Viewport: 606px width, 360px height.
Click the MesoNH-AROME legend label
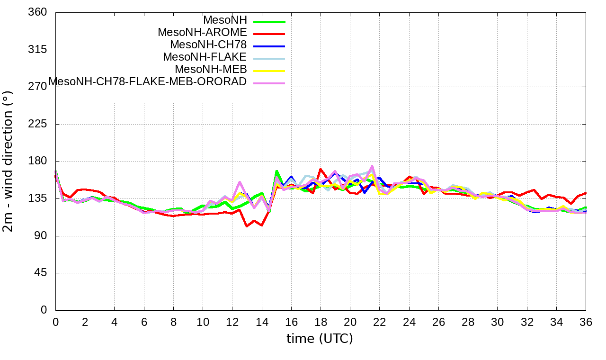pos(202,33)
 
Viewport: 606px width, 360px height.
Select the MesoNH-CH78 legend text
pos(208,45)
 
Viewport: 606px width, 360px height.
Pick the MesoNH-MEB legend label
pos(211,70)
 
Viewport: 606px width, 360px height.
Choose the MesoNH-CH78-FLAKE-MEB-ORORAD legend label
pos(148,81)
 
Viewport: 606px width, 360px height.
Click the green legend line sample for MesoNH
pos(269,21)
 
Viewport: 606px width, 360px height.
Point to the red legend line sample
pos(269,34)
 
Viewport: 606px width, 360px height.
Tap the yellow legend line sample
pos(269,71)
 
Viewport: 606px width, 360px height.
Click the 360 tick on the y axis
pos(38,12)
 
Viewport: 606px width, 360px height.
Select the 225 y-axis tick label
pos(38,124)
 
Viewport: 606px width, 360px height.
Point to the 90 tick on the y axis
pos(41,236)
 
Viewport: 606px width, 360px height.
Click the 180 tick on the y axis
pos(38,161)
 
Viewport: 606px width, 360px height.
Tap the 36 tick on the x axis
pos(586,323)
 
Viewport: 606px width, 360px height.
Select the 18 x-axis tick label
pos(321,323)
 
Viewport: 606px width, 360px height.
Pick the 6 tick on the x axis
pos(144,323)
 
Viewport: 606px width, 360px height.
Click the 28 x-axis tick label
pos(468,323)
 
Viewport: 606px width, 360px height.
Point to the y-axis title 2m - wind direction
pos(9,161)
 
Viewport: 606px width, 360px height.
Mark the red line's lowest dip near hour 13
pos(247,226)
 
